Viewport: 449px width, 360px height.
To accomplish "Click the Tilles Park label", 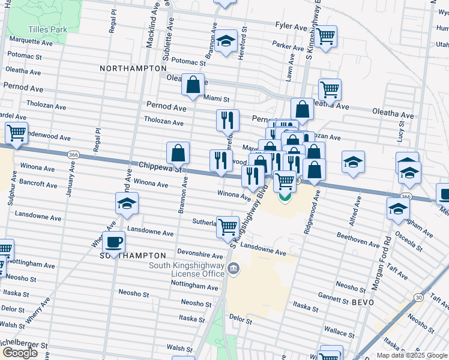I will coord(46,29).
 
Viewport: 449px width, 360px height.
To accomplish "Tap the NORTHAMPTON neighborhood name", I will coord(133,68).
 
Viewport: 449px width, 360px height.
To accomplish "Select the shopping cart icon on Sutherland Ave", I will coord(228,227).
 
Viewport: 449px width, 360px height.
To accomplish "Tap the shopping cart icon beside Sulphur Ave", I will coord(16,133).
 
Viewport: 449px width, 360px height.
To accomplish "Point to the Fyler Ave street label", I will coord(291,26).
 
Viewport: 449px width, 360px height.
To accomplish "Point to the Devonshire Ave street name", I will coord(200,254).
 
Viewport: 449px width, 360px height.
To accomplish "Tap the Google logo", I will coord(20,352).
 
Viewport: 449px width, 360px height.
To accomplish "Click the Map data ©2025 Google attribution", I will coord(411,355).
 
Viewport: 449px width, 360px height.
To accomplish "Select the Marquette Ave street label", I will coord(28,42).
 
